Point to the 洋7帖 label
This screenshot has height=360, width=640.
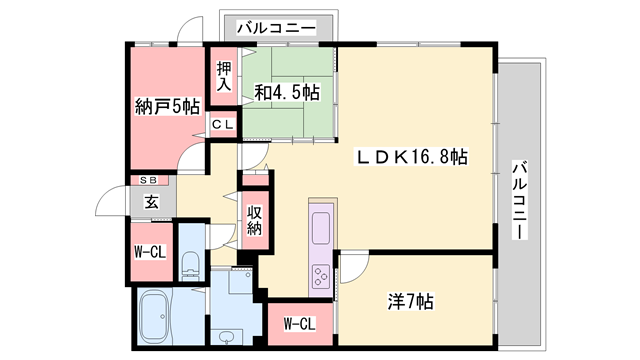pos(410,300)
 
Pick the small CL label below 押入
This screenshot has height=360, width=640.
pos(223,124)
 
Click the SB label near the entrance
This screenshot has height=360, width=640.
pos(149,181)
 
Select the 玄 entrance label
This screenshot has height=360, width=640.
pos(151,201)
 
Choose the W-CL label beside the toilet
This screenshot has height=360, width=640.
pos(149,251)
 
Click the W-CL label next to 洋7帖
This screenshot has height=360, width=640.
pos(300,323)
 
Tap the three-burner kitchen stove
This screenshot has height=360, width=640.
pos(322,274)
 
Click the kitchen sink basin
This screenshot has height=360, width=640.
pos(322,228)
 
